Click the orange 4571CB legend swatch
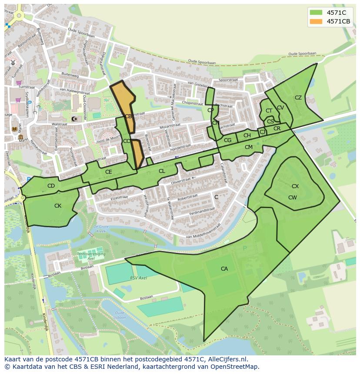pos(316,21)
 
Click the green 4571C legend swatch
pos(316,13)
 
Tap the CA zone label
pos(224,269)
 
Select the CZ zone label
pos(298,98)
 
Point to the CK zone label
pos(58,206)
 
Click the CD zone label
pos(51,186)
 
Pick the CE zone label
pos(108,172)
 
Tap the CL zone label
pos(162,171)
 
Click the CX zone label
pos(295,186)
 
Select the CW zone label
pos(293,198)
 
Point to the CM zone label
pos(249,147)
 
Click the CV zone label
pos(280,108)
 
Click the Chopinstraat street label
pos(192,103)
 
